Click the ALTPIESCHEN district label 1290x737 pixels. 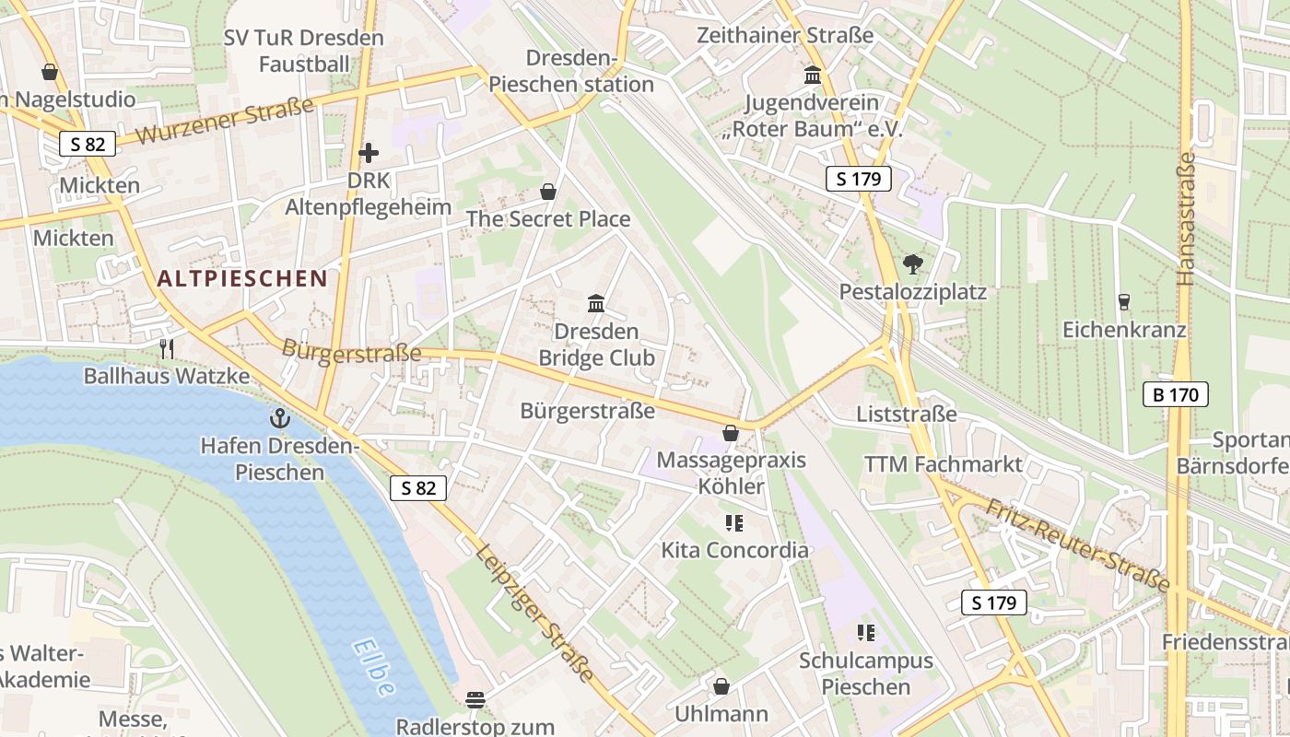[242, 278]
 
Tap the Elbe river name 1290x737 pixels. [373, 668]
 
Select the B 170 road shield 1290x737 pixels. [1175, 395]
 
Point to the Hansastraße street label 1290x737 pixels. [1186, 218]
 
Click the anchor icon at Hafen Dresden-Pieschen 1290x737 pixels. [279, 419]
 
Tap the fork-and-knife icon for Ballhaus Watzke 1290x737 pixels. [167, 348]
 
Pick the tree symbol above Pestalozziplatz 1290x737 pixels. [912, 264]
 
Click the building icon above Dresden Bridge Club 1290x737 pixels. [596, 303]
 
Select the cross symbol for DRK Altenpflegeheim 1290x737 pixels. [369, 153]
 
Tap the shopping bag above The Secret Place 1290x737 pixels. [548, 192]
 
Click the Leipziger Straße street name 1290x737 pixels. [534, 613]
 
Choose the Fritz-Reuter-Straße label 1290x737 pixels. [1077, 545]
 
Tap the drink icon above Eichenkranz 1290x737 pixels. [1123, 301]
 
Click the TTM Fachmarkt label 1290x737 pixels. [944, 464]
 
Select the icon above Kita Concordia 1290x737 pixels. [734, 523]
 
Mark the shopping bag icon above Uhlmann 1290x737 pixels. [721, 686]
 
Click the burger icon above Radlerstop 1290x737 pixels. [475, 699]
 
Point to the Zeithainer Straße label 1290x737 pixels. [785, 36]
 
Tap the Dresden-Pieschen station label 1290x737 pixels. [571, 71]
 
